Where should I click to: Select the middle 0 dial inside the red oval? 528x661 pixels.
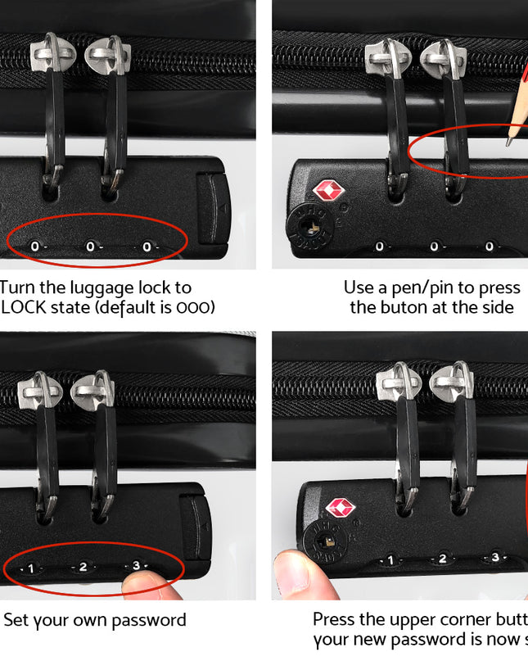tap(90, 246)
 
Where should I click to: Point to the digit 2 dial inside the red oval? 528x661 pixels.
tap(83, 566)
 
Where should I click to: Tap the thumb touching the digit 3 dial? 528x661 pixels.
tap(147, 583)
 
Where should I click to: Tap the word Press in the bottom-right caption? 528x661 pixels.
tap(335, 620)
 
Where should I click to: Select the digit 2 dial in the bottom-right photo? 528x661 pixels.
tap(442, 559)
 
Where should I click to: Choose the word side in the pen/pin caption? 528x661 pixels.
tap(496, 307)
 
